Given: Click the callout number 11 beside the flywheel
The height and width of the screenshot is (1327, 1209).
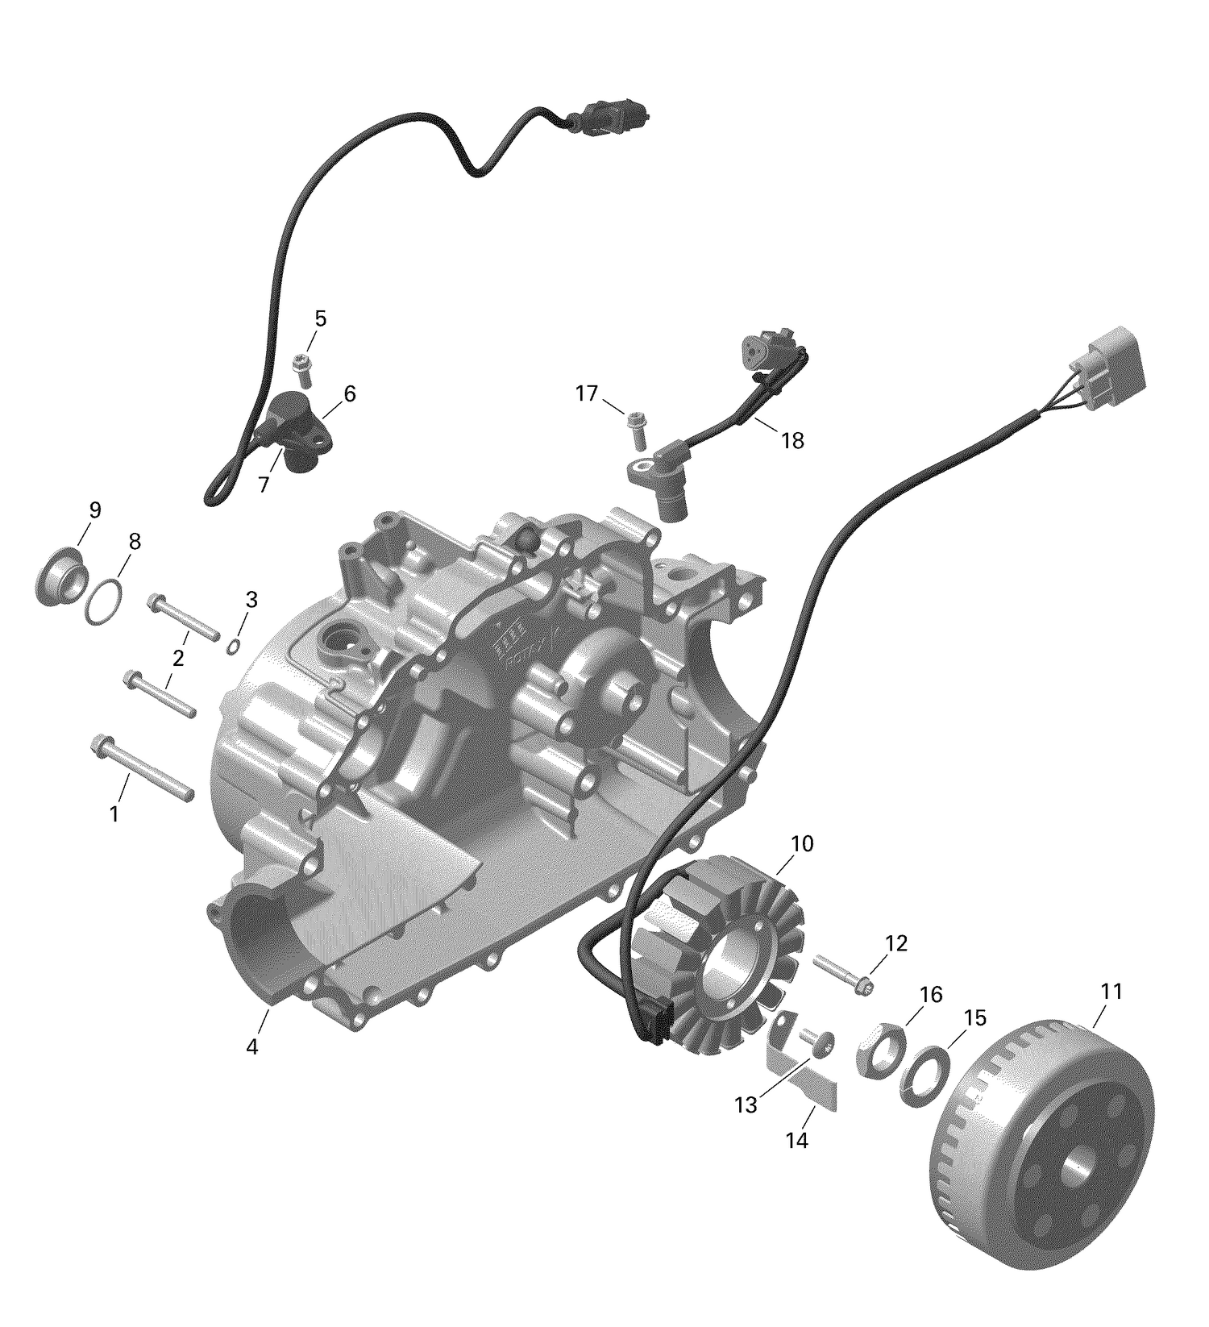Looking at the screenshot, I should (x=1111, y=992).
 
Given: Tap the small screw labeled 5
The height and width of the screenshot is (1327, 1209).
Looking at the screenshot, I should (x=303, y=370).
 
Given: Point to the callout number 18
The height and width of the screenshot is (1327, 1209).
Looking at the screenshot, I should (x=792, y=441).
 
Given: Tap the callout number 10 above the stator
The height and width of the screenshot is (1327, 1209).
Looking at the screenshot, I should (x=802, y=845).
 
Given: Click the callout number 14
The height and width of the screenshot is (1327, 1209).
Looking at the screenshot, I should (x=796, y=1141).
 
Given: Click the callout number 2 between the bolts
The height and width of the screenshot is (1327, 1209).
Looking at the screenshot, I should (x=178, y=658).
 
